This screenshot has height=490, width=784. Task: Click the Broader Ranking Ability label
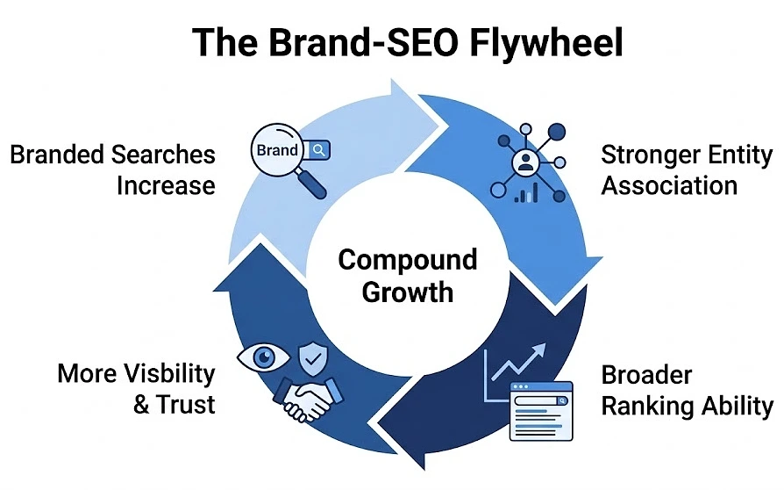[687, 391]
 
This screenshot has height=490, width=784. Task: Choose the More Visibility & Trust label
[136, 388]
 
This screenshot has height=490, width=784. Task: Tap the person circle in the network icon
[527, 162]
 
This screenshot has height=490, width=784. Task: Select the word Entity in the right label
[722, 155]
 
